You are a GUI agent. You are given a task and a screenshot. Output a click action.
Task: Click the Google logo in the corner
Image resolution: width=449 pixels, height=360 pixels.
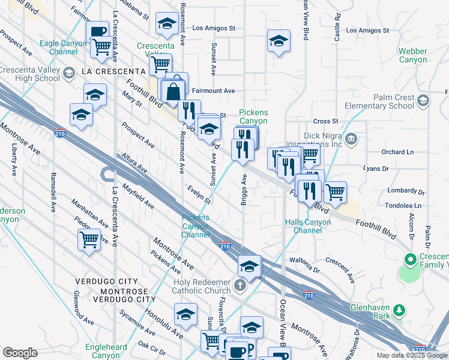pyautogui.click(x=20, y=353)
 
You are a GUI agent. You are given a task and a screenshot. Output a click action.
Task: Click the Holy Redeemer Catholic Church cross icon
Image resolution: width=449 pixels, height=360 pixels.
pyautogui.click(x=241, y=284)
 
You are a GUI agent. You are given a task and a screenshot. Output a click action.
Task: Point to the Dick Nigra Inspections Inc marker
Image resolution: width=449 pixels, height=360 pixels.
pyautogui.click(x=351, y=140)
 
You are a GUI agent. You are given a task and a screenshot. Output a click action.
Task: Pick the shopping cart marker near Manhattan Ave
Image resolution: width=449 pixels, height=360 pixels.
pyautogui.click(x=89, y=240)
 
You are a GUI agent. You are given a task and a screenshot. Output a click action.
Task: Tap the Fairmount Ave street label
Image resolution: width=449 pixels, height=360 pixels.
pyautogui.click(x=213, y=91)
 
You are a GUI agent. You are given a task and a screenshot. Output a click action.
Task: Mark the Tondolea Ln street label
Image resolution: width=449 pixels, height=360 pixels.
pyautogui.click(x=404, y=205)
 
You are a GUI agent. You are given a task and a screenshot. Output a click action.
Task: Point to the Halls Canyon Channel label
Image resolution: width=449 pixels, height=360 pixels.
pyautogui.click(x=308, y=226)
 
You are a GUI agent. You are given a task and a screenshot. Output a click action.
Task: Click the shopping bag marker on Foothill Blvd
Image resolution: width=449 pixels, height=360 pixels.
pyautogui.click(x=173, y=91)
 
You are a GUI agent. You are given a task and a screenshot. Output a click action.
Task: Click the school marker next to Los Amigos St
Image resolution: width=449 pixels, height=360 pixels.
pyautogui.click(x=166, y=24)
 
